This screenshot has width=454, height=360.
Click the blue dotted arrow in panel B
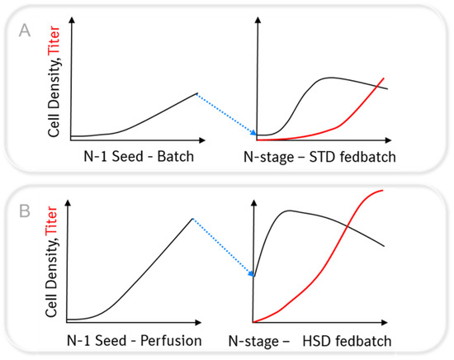tap(223, 248)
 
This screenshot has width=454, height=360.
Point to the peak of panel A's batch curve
tap(196, 93)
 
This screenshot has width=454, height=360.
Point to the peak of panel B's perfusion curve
tap(192, 218)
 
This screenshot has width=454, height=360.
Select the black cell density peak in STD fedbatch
tap(331, 78)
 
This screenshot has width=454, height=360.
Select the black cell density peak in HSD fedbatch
tap(289, 211)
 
